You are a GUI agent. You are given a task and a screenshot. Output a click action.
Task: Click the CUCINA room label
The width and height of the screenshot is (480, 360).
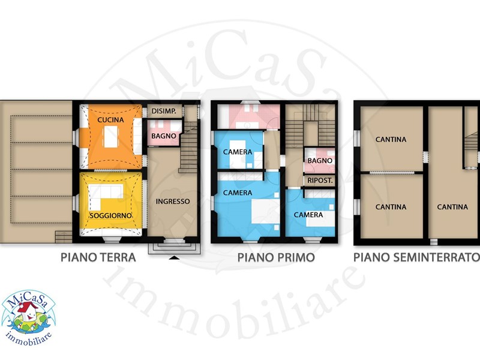pyautogui.click(x=110, y=119)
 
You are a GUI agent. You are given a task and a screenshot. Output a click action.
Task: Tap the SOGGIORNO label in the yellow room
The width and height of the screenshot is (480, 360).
pyautogui.click(x=110, y=215)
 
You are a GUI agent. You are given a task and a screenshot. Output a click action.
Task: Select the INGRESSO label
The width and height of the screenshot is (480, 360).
pyautogui.click(x=173, y=202)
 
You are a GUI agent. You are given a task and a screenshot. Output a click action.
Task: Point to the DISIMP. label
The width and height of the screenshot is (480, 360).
pyautogui.click(x=164, y=111)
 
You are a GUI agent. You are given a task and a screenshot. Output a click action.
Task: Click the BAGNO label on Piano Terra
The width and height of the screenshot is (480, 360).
pyautogui.click(x=164, y=136)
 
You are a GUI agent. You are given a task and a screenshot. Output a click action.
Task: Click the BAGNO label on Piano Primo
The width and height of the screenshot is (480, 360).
pyautogui.click(x=320, y=160)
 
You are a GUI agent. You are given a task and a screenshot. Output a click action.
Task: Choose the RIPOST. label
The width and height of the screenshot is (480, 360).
pyautogui.click(x=320, y=181)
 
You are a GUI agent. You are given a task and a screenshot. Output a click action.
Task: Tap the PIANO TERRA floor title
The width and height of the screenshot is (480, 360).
pyautogui.click(x=98, y=257)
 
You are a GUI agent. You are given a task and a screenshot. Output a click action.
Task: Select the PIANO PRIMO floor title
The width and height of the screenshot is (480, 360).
pyautogui.click(x=276, y=257)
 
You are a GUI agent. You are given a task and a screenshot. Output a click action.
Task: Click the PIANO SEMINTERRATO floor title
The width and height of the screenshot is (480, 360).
pyautogui.click(x=416, y=257)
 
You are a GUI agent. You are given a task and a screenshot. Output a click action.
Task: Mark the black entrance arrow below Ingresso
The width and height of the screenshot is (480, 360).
pyautogui.click(x=174, y=258)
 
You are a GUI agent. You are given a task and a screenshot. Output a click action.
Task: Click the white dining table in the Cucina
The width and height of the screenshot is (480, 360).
pyautogui.click(x=111, y=137)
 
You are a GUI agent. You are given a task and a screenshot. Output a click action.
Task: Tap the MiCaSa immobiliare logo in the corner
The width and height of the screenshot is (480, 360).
pyautogui.click(x=28, y=318)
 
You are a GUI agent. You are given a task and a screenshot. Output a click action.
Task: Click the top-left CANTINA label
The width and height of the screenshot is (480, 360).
pyautogui.click(x=391, y=140)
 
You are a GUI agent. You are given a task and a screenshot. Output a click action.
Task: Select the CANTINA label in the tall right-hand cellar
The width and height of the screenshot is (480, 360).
pyautogui.click(x=452, y=207)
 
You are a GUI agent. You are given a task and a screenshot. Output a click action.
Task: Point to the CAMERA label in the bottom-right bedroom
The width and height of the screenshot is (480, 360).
pyautogui.click(x=308, y=215)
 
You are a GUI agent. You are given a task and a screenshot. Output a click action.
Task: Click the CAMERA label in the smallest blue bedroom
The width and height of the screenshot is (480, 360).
pyautogui.click(x=238, y=152)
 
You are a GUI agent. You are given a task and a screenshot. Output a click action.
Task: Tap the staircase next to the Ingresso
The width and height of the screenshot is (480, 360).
pyautogui.click(x=188, y=147)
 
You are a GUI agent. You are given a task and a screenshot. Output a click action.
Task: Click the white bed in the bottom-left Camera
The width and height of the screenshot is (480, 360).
pyautogui.click(x=265, y=211)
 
